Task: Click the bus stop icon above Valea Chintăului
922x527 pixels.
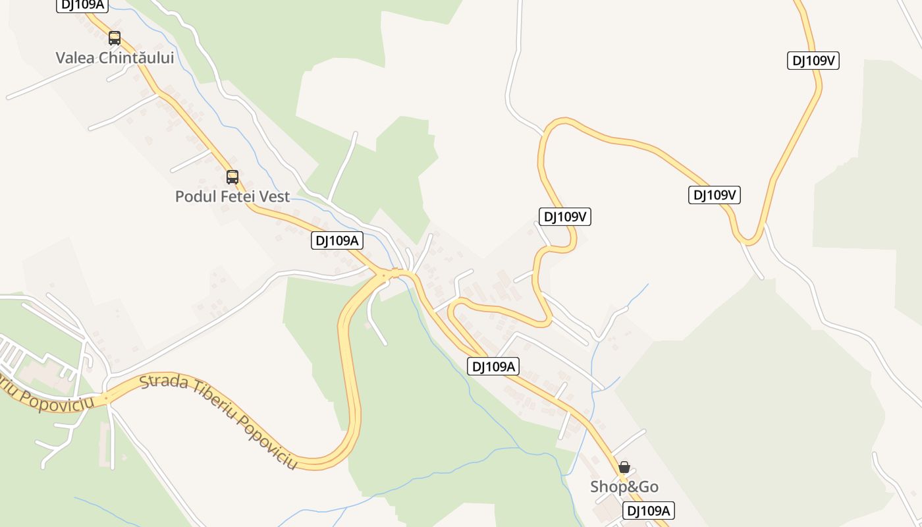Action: click(115, 38)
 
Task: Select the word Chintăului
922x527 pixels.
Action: click(136, 58)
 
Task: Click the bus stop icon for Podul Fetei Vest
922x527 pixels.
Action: click(232, 177)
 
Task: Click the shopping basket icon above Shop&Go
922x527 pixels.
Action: click(624, 467)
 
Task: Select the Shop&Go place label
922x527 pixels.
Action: click(624, 487)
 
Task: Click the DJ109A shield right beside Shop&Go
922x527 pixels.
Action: click(649, 511)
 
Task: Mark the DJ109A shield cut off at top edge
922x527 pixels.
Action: click(82, 5)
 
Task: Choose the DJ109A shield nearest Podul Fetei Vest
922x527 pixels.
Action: click(337, 240)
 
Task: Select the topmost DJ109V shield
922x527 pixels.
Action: click(813, 61)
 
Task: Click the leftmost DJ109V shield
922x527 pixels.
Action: click(565, 216)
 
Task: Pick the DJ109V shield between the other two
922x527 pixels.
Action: click(715, 195)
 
